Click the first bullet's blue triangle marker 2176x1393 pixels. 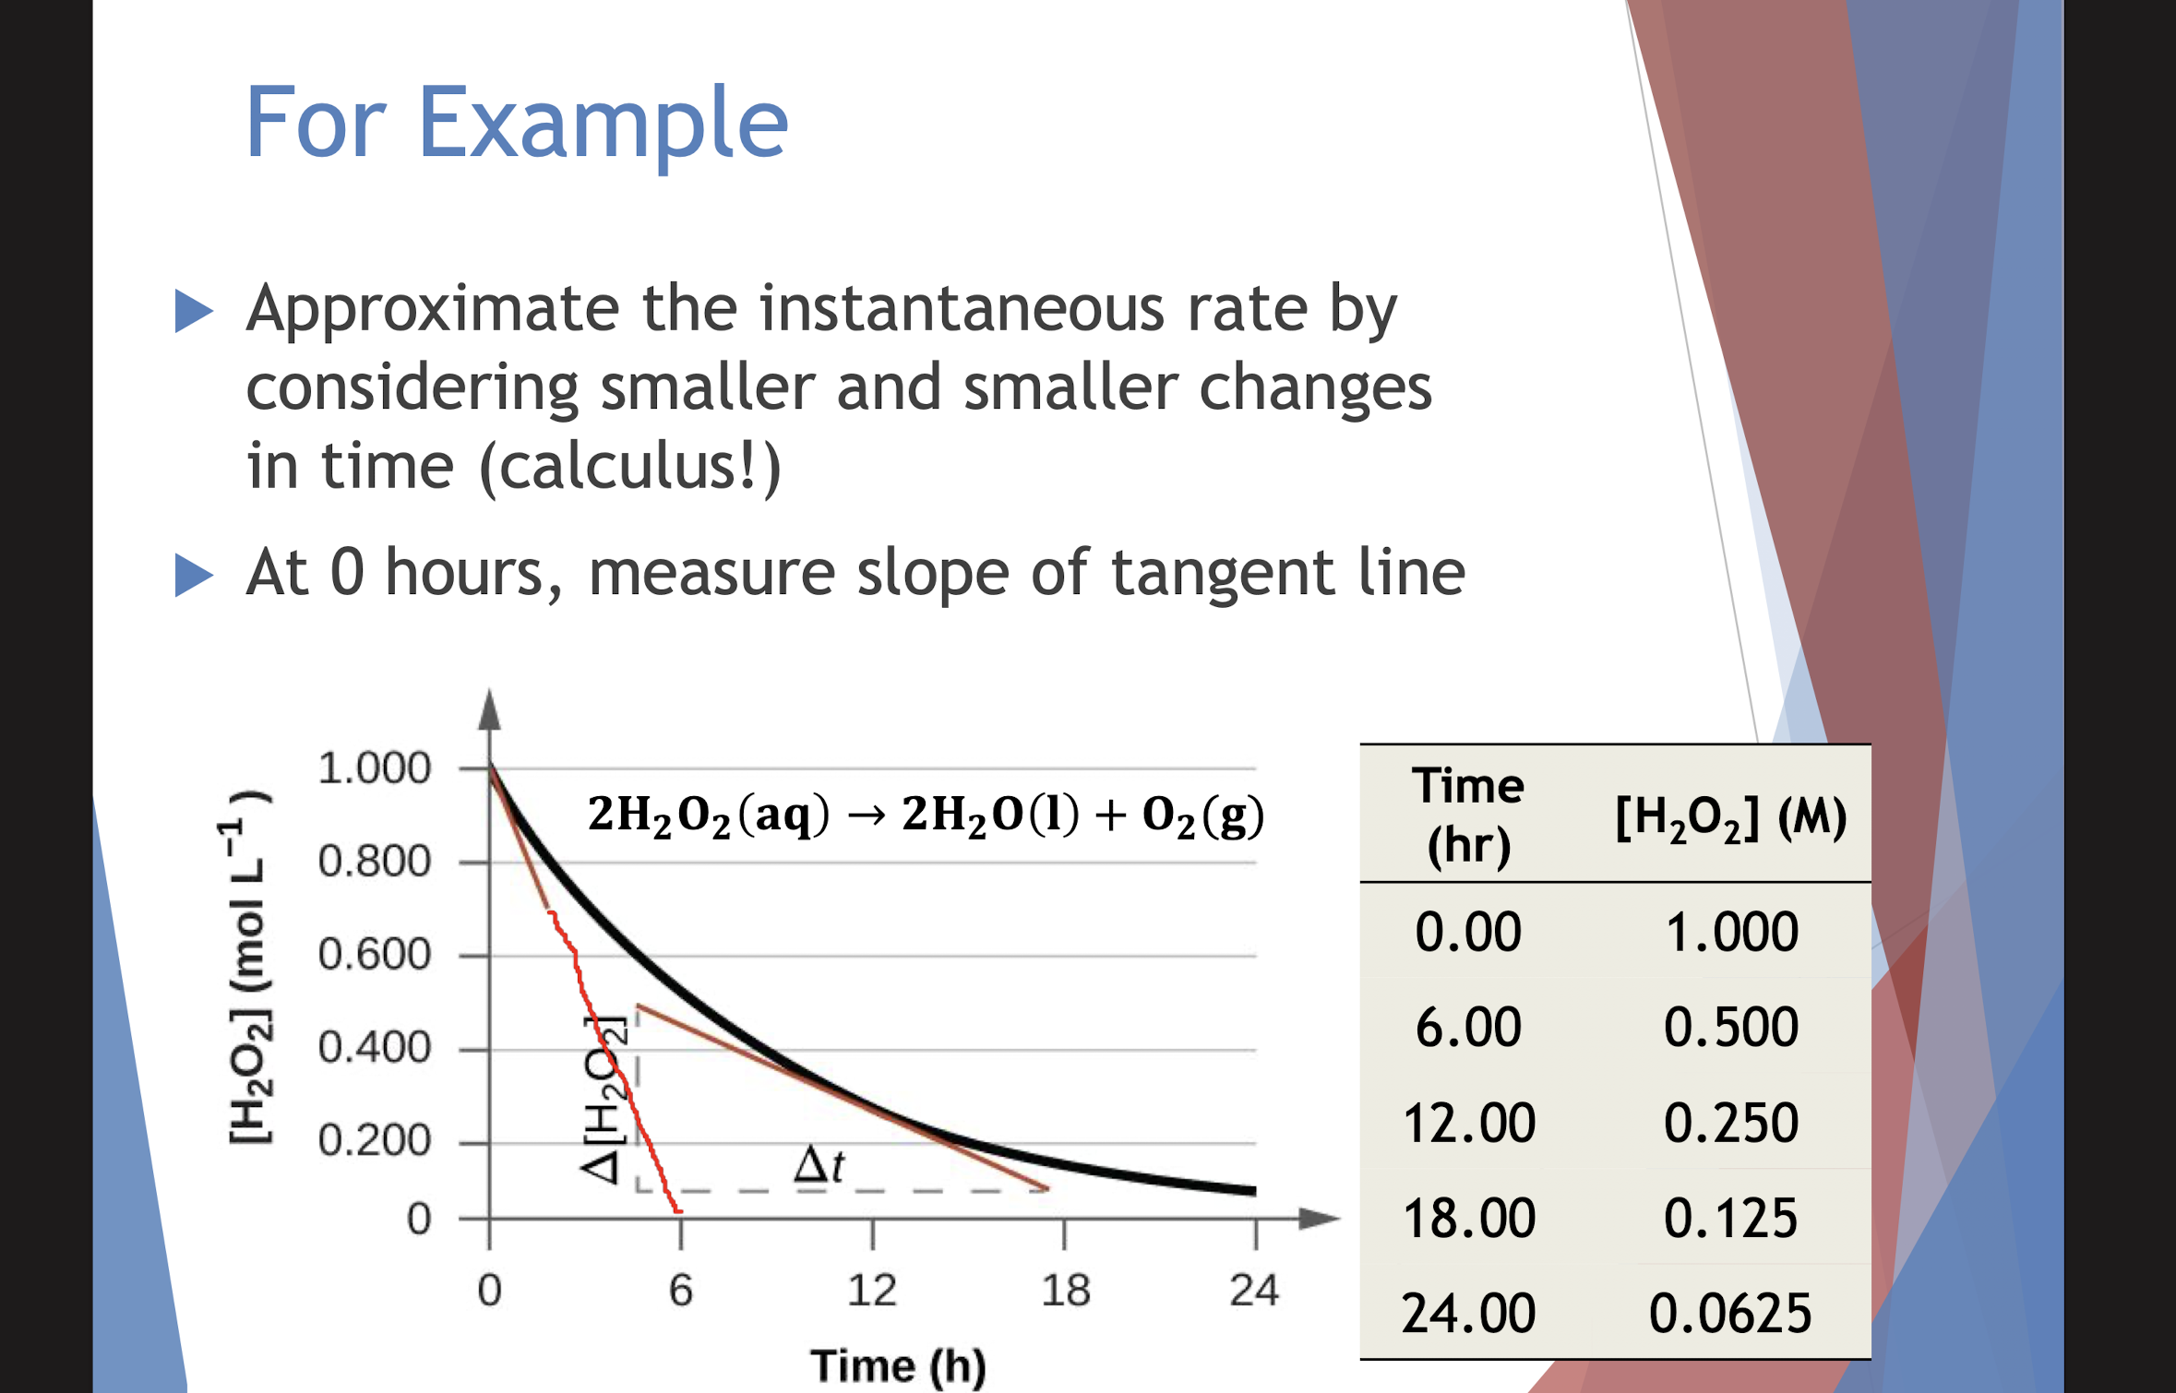pyautogui.click(x=194, y=310)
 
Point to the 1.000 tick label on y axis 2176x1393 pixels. pyautogui.click(x=374, y=768)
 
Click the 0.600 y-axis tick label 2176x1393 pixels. pyautogui.click(x=374, y=955)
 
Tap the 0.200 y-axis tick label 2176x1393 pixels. pyautogui.click(x=374, y=1141)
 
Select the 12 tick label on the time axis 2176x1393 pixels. pyautogui.click(x=872, y=1290)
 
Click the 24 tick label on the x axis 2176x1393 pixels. pyautogui.click(x=1254, y=1290)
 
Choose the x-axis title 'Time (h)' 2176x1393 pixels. pyautogui.click(x=898, y=1366)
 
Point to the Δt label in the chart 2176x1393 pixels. pyautogui.click(x=819, y=1164)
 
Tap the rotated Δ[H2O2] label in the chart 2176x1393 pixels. pyautogui.click(x=604, y=1100)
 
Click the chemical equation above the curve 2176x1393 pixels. pyautogui.click(x=926, y=816)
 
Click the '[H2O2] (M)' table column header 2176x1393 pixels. pyautogui.click(x=1731, y=817)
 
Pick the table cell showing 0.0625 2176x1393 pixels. pyautogui.click(x=1730, y=1314)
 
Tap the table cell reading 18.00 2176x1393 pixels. pyautogui.click(x=1468, y=1218)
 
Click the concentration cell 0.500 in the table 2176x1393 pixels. pyautogui.click(x=1731, y=1027)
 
